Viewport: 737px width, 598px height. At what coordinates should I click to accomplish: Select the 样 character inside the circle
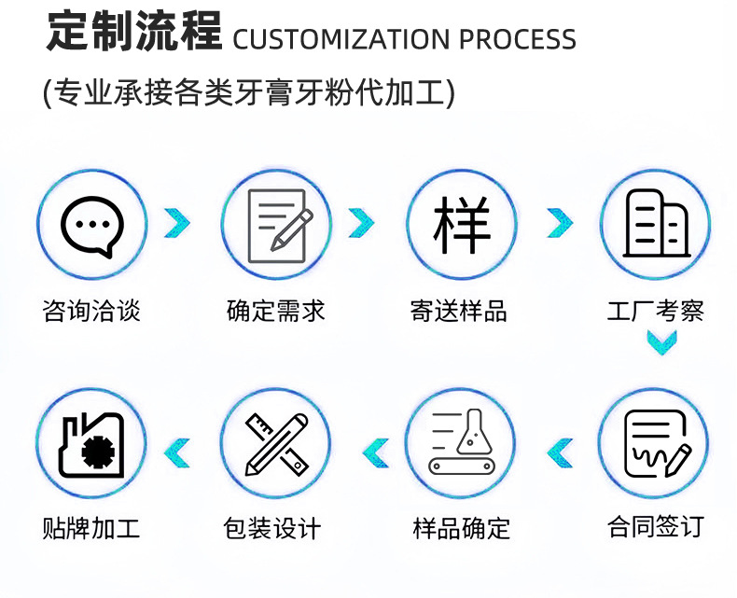tap(462, 224)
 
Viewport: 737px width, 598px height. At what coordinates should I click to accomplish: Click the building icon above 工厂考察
tap(655, 224)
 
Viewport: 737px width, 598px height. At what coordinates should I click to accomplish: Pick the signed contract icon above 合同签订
tap(655, 442)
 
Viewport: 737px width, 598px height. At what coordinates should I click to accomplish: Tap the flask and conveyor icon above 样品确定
tap(462, 442)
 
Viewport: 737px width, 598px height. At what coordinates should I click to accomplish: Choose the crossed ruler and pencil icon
tap(277, 442)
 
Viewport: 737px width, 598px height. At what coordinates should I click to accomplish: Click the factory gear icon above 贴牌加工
tap(91, 442)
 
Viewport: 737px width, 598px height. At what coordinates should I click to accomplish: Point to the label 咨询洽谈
tap(91, 311)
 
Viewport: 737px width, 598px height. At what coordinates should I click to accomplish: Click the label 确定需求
tap(276, 311)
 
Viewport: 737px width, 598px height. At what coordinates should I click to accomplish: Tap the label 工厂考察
tap(655, 311)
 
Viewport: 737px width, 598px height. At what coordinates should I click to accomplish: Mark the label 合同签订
tap(655, 527)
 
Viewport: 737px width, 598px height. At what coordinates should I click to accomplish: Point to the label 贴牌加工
tap(91, 529)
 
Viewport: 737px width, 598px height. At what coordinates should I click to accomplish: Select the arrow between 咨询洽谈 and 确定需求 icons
tap(176, 222)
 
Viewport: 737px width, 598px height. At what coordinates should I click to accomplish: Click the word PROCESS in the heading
tap(518, 40)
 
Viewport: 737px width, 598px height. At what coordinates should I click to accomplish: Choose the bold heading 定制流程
tap(134, 33)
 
